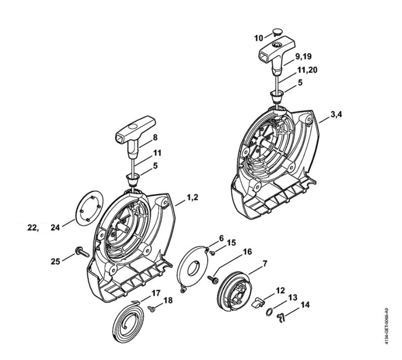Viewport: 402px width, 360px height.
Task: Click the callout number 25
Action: [x=55, y=261]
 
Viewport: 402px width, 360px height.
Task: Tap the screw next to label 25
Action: [x=82, y=252]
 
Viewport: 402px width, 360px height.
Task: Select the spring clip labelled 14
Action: [x=281, y=318]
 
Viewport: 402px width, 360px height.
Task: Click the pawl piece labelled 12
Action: [x=259, y=302]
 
